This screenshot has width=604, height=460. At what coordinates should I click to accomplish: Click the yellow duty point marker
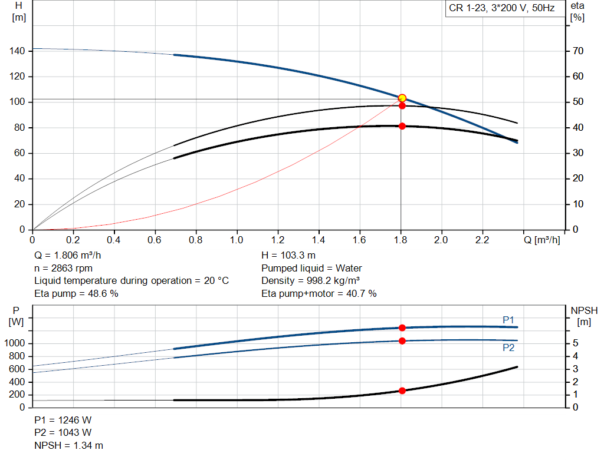pos(402,98)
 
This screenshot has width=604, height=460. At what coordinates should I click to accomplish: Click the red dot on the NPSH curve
pos(402,390)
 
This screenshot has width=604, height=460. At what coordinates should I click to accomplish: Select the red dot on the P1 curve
pos(402,327)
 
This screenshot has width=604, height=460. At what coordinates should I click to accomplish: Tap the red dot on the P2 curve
pos(402,341)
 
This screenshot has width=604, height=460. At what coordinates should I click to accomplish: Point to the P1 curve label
pos(508,320)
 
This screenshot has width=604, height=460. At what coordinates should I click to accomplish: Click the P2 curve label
pos(508,348)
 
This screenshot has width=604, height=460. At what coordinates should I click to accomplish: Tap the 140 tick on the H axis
pos(17,51)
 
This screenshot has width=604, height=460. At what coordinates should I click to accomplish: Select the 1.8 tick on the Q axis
pos(401,240)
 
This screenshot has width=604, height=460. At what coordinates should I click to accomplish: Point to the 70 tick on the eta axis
pos(578,51)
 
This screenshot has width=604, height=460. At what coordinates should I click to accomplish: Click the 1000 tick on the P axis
pos(14,343)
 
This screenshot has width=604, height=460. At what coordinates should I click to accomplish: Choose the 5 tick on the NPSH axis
pos(576,343)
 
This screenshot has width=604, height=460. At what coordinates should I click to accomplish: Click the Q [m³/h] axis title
pos(542,240)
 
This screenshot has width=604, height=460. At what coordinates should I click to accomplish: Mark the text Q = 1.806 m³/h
pos(68,256)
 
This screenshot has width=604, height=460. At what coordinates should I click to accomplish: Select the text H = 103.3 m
pos(288,256)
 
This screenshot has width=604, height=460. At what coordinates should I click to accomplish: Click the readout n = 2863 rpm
pos(64,268)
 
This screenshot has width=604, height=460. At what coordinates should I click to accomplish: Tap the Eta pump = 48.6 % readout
pos(76,293)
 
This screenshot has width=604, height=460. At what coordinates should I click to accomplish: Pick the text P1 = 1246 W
pos(63,420)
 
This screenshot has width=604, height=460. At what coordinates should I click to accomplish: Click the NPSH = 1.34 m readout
pos(68,445)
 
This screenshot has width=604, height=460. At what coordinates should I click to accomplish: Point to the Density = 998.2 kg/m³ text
pos(310,281)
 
